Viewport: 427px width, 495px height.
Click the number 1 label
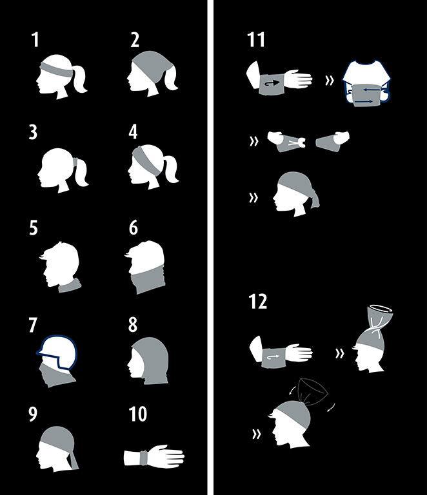pyautogui.click(x=35, y=40)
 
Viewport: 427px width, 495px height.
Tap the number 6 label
pyautogui.click(x=134, y=228)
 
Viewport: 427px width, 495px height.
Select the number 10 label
pyautogui.click(x=137, y=414)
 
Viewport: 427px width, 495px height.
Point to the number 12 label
pyautogui.click(x=258, y=301)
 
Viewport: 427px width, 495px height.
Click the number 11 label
pyautogui.click(x=256, y=40)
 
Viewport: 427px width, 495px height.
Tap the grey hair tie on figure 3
pyautogui.click(x=75, y=162)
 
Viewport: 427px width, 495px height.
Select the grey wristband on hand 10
pyautogui.click(x=144, y=458)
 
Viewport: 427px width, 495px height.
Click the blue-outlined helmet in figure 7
pyautogui.click(x=57, y=351)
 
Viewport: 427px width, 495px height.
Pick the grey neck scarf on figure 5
pyautogui.click(x=70, y=286)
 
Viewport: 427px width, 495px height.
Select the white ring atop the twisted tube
pyautogui.click(x=381, y=308)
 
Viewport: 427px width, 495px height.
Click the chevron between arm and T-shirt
pyautogui.click(x=330, y=81)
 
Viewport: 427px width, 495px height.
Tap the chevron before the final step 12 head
pyautogui.click(x=257, y=434)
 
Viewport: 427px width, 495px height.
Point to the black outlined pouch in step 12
pyautogui.click(x=313, y=391)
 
